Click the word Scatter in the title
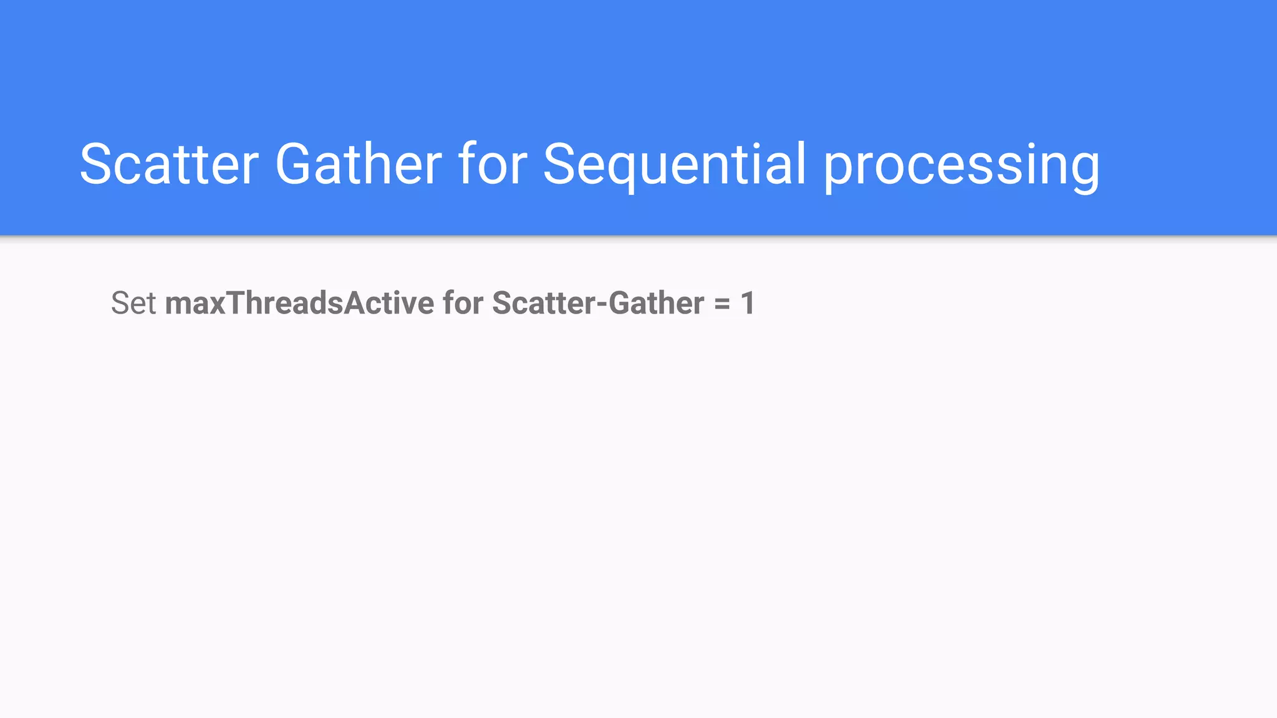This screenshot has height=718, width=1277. [x=168, y=164]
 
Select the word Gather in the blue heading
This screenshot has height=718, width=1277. [x=359, y=164]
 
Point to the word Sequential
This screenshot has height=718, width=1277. [x=675, y=164]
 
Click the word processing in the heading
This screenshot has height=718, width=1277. [x=961, y=165]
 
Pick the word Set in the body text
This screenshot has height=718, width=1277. [x=133, y=303]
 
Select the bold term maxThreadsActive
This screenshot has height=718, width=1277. [x=299, y=303]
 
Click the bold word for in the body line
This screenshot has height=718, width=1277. [x=463, y=303]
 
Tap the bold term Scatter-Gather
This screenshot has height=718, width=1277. [x=598, y=303]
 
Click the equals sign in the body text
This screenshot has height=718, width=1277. [x=722, y=304]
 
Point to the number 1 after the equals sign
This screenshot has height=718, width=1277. [x=748, y=303]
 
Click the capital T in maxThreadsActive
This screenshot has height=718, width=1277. [x=236, y=303]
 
